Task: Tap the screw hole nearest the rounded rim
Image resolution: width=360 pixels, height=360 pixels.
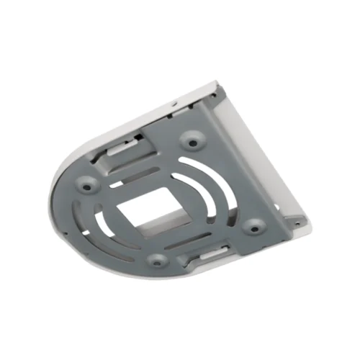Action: point(87,186)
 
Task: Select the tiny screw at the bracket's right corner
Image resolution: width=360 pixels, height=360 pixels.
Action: point(294,217)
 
